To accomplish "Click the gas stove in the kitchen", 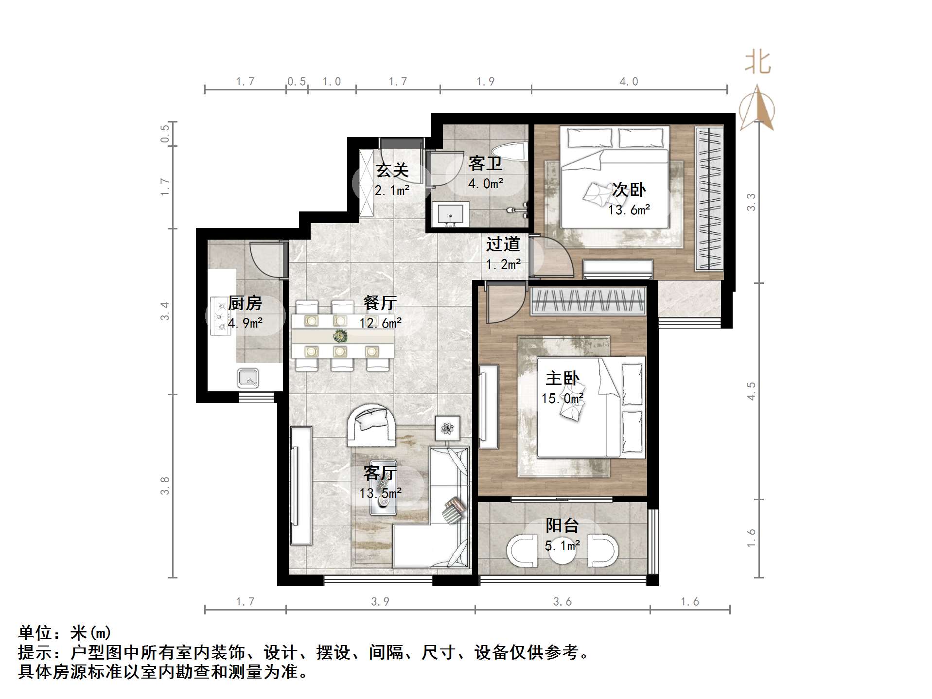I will [x=221, y=316].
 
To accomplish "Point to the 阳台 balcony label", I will [x=562, y=525].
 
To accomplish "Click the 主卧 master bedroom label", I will [x=562, y=378].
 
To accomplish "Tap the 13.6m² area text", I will [x=629, y=210].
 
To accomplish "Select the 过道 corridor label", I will [x=503, y=244].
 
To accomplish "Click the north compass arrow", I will [x=756, y=108].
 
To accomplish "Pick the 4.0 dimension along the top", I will [x=628, y=82].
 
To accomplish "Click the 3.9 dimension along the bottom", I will [x=380, y=602].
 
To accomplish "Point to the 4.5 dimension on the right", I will [x=751, y=391].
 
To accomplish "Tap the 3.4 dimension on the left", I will [x=165, y=311].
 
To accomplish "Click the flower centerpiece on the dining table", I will [x=340, y=335].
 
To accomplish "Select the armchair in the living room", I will [x=371, y=425].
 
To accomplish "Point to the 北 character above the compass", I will [x=757, y=63].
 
